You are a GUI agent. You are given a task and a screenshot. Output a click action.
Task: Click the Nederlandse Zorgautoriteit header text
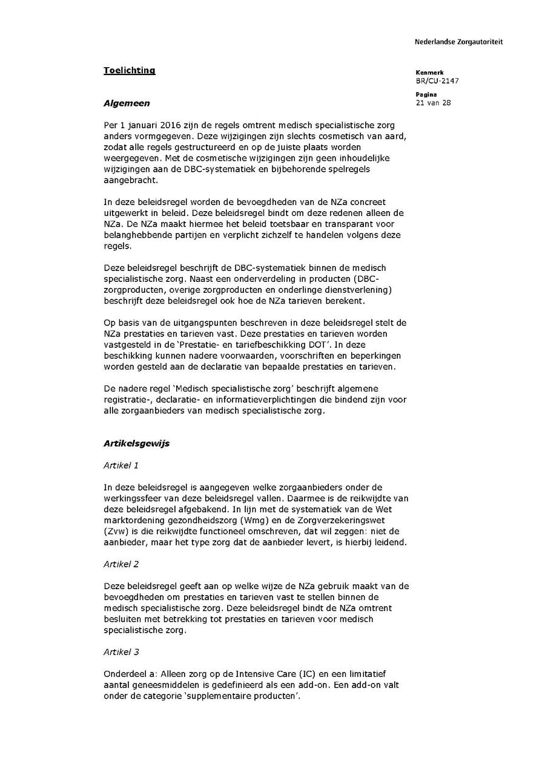tap(458, 42)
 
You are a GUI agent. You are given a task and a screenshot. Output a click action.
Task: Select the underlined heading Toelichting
tap(129, 70)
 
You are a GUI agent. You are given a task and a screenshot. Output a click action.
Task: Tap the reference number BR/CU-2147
tap(437, 80)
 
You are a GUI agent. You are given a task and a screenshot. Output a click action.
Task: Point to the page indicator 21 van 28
tap(433, 103)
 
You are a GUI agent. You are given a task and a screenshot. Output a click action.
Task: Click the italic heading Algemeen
tap(127, 103)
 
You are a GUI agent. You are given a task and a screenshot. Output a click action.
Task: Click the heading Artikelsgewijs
tap(136, 443)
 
